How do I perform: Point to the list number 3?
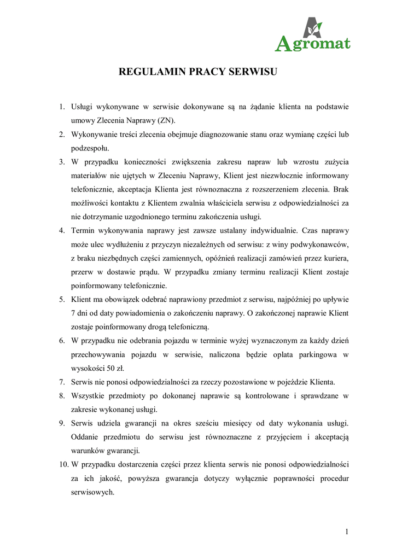[62, 162]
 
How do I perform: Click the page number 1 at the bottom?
[347, 531]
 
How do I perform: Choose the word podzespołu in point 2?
[90, 148]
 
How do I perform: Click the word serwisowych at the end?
[93, 492]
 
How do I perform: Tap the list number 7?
[62, 382]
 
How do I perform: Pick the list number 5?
[62, 300]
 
